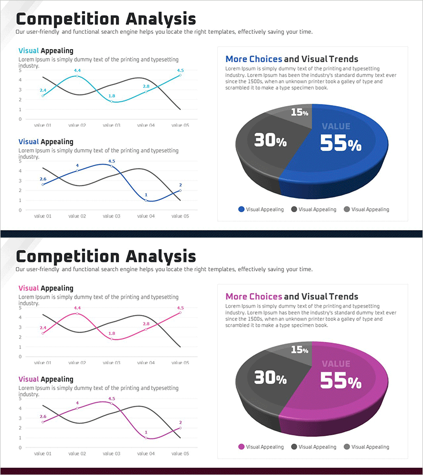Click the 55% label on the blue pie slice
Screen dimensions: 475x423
click(341, 143)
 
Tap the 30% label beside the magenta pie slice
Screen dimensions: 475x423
click(270, 378)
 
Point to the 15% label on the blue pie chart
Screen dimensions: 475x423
click(299, 112)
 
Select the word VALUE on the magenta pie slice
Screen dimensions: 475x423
click(336, 364)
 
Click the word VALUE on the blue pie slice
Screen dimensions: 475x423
click(336, 126)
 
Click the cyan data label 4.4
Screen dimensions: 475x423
click(77, 70)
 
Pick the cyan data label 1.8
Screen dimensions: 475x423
click(112, 96)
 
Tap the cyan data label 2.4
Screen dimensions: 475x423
click(43, 90)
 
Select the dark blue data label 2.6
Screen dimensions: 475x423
click(43, 179)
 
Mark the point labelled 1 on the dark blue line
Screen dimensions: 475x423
click(146, 200)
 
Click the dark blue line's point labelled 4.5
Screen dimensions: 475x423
click(112, 166)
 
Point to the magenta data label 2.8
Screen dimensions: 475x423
click(146, 324)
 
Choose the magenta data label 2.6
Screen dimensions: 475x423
click(43, 416)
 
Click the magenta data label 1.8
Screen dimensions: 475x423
click(112, 334)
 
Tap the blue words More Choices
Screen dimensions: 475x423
click(253, 59)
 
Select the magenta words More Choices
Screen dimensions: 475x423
click(253, 297)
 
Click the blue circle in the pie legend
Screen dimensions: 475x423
click(242, 210)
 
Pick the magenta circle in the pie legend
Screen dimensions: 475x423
click(242, 447)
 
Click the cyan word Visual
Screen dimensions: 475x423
click(29, 51)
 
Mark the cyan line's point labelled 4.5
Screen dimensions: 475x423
click(180, 75)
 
